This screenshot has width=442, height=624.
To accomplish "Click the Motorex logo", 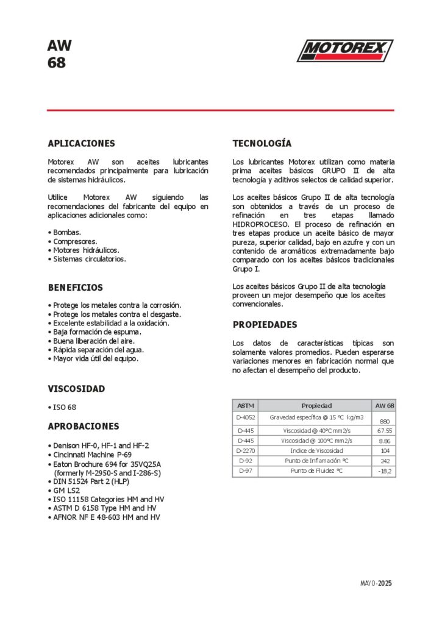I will (345, 51).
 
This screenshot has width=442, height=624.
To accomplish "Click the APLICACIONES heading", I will (81, 144).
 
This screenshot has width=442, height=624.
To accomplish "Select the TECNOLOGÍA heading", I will (262, 144).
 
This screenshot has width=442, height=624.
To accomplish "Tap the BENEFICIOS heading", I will (76, 288).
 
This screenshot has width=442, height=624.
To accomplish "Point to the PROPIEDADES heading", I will (265, 325).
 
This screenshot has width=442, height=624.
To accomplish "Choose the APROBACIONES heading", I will (84, 427).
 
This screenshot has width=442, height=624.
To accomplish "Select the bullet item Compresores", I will (74, 241).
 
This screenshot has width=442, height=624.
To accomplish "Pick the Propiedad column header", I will (316, 405).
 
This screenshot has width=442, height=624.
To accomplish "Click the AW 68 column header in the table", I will (384, 405).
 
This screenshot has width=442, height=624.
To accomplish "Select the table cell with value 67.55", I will (384, 430).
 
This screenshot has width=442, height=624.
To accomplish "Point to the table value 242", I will (384, 461).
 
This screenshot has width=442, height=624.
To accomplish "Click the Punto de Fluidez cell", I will (316, 471).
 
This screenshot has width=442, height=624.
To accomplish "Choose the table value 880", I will (384, 421).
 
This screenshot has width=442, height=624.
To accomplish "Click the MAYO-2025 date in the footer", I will (376, 583).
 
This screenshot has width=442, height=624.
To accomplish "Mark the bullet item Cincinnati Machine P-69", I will (92, 455).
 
